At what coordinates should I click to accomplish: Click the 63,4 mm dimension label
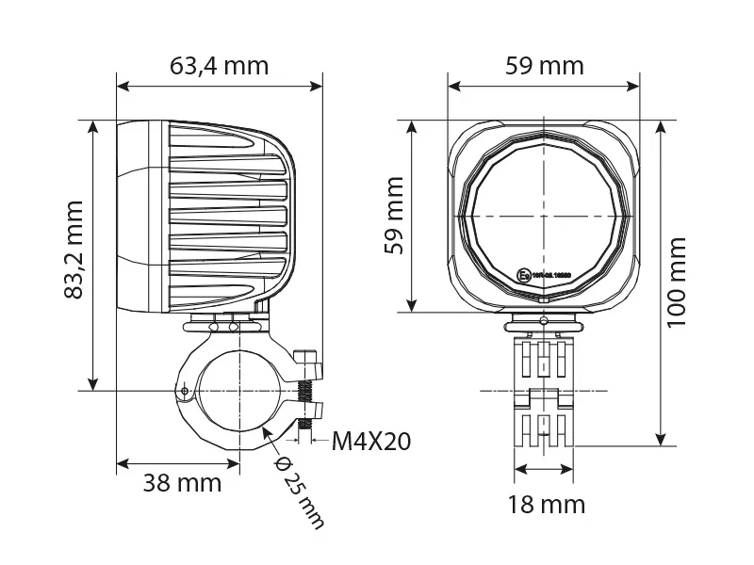tap(219, 66)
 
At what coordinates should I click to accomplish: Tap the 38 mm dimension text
tap(182, 483)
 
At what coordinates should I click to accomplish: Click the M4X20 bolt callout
tap(371, 442)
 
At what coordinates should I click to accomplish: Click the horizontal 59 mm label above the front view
tap(544, 66)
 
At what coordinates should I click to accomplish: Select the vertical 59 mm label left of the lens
tap(395, 215)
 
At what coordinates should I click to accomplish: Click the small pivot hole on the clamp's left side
tap(186, 390)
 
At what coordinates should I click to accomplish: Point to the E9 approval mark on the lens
tap(525, 276)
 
